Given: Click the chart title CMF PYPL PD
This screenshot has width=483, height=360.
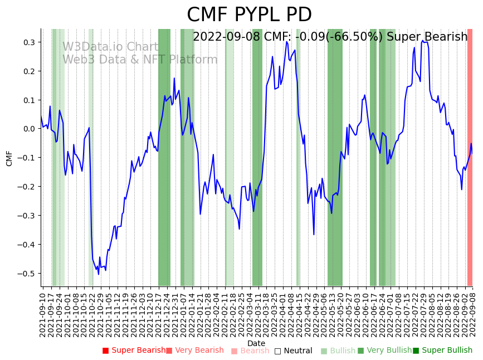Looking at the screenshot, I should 249,15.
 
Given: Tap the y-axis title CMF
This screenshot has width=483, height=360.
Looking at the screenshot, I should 9,158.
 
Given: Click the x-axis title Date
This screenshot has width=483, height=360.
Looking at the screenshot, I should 256,343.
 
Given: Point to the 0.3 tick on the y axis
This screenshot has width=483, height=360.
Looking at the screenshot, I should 28,42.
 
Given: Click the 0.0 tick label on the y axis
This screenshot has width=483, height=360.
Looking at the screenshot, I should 28,129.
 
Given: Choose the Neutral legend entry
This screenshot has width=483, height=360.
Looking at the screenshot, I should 293,351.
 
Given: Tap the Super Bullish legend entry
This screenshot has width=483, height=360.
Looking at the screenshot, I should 442,351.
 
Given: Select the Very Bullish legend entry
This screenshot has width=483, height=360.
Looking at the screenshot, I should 384,351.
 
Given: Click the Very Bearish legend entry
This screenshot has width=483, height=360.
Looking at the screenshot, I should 194,351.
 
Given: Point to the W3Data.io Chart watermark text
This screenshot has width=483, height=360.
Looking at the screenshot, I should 110,47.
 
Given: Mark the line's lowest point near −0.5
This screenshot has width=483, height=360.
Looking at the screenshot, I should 99,274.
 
